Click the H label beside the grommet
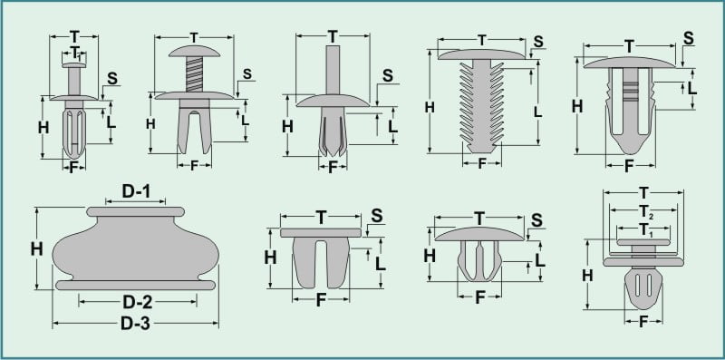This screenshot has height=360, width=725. (x=36, y=248)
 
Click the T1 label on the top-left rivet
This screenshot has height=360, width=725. (x=75, y=52)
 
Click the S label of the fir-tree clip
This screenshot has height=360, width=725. (x=537, y=42)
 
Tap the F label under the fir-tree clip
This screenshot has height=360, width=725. (x=481, y=163)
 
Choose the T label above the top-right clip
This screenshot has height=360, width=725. (x=628, y=45)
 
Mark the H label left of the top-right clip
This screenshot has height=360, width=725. (x=577, y=105)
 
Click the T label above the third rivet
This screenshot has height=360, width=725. (x=333, y=36)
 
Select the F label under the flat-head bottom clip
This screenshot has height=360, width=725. (x=321, y=300)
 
